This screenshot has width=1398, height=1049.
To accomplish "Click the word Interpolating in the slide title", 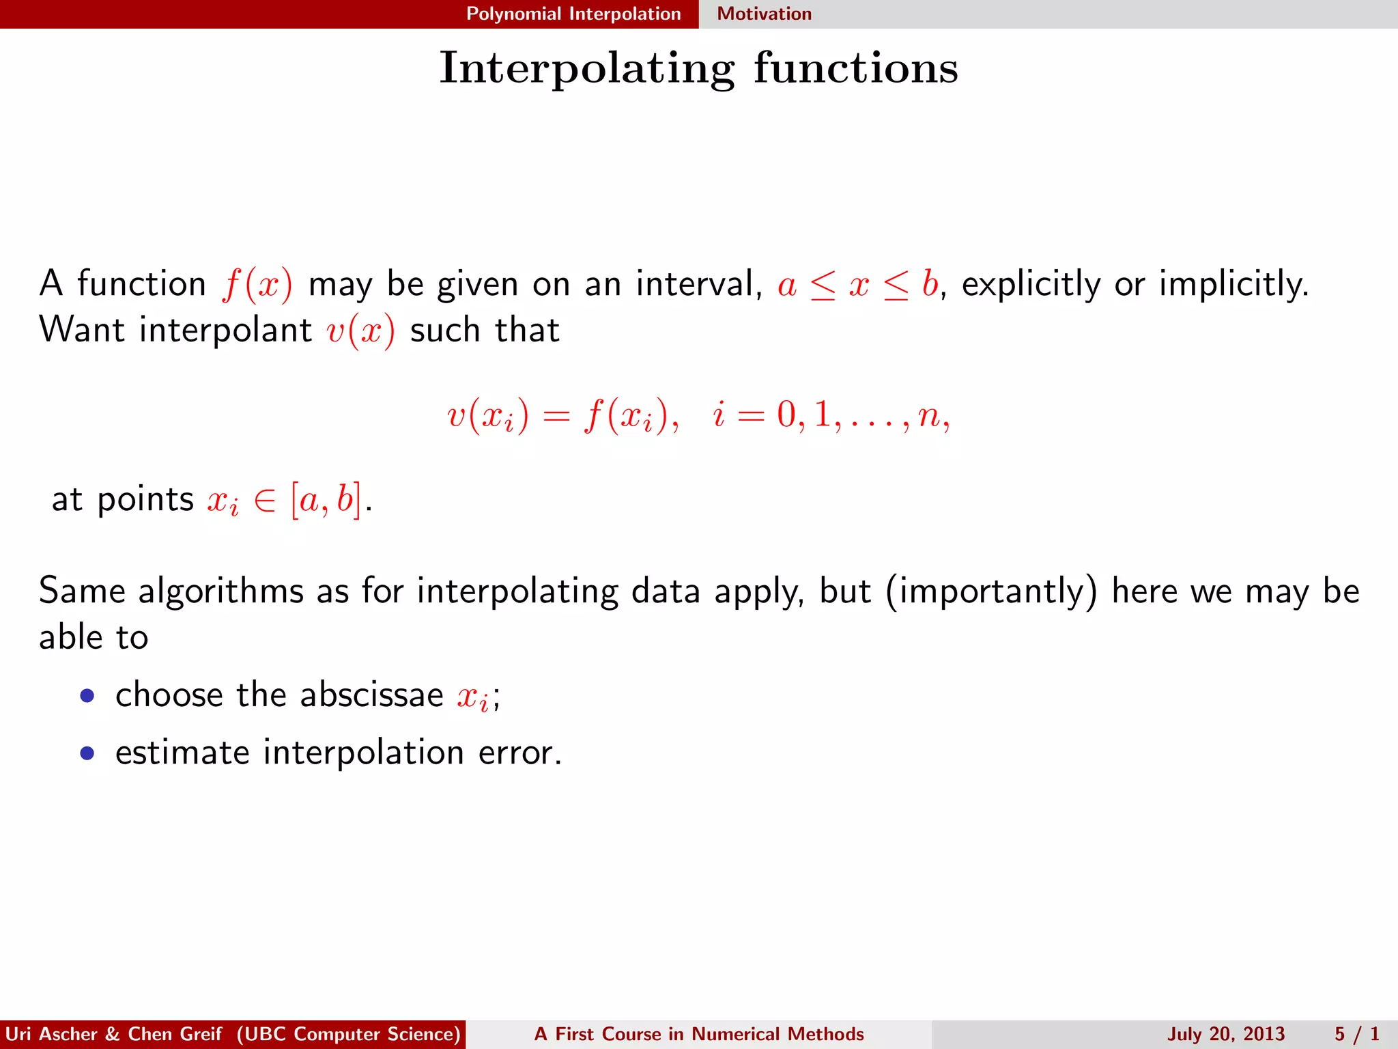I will point(587,68).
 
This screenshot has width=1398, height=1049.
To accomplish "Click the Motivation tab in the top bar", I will point(764,14).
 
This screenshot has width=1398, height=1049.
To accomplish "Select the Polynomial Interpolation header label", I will point(573,14).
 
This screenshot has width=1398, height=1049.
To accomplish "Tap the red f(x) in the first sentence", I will point(257,283).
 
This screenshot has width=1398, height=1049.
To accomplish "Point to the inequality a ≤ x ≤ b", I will point(857,283).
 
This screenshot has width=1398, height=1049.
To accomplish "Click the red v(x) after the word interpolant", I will point(360,331).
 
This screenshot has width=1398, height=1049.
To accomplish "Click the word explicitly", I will point(1031,283).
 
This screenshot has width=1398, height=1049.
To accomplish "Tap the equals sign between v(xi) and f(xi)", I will point(556,415).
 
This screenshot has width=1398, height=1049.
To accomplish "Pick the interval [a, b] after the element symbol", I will point(326,499).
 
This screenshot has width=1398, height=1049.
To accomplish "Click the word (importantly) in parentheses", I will point(992,591).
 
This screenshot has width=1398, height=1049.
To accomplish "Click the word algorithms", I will point(220,591).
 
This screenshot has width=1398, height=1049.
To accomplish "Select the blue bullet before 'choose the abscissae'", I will point(87,696).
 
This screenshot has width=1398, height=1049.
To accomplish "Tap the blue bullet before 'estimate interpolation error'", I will point(87,753).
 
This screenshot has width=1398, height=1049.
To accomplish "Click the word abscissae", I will point(371,695).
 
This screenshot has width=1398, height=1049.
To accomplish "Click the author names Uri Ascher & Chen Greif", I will point(113,1034).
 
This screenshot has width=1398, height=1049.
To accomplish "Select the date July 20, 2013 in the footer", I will point(1225,1034).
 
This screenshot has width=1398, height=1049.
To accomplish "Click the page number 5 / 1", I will point(1356,1034).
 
